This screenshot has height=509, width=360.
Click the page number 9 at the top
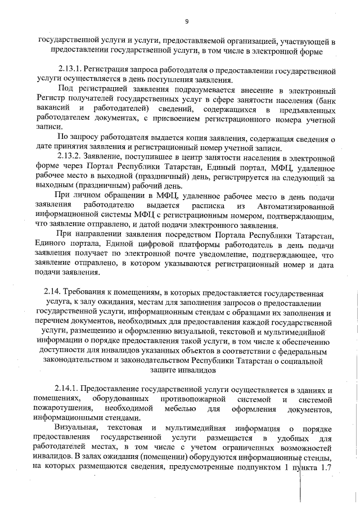(186, 21)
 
